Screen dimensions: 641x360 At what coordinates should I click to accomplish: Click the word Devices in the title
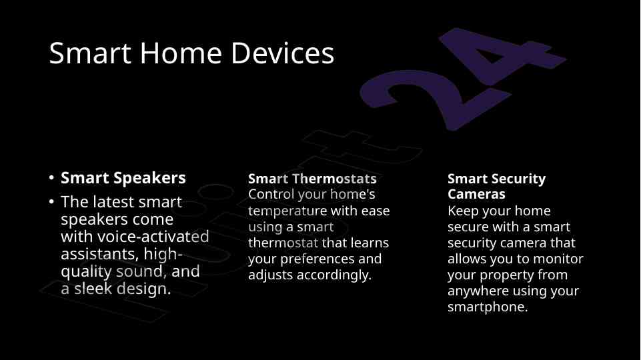283,53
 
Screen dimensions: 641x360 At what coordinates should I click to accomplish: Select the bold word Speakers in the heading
149,179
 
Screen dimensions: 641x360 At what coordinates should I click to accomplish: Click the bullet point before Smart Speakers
51,178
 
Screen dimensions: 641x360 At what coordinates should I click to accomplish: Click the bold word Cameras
476,194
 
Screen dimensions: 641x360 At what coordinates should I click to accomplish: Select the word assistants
99,254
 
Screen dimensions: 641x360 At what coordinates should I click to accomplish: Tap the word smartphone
488,307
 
